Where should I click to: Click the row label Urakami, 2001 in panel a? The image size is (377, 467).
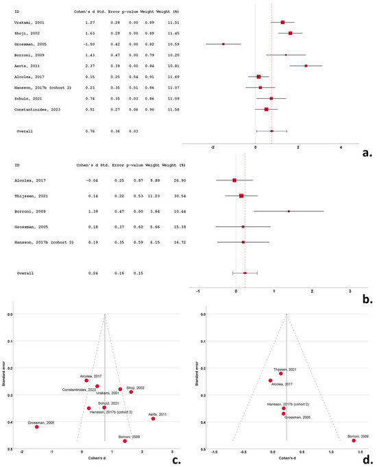coord(27,22)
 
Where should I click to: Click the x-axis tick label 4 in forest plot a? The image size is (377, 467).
coord(341,147)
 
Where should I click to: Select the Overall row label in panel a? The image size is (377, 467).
coord(25,131)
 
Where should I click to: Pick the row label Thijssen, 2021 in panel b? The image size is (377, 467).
coord(29,196)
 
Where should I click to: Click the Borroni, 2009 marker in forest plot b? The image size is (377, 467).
coord(289,211)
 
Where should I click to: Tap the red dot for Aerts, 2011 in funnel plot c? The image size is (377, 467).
coord(153,418)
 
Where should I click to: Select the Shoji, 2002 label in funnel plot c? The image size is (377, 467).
coord(136,387)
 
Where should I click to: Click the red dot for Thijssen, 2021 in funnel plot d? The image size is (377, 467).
coord(280,374)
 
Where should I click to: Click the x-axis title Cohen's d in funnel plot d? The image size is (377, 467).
coord(284,460)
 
